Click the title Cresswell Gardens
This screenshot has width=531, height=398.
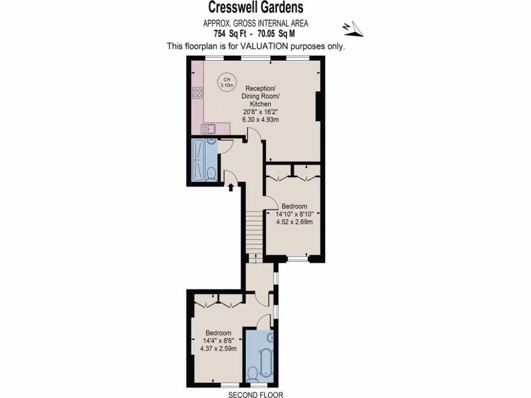256,8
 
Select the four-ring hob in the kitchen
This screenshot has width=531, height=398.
198,93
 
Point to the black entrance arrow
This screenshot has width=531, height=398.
231,186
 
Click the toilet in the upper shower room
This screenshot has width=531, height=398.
211,173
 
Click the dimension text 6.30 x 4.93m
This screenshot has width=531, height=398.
261,120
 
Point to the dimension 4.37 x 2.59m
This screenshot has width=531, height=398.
218,348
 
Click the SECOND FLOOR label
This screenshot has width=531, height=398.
256,395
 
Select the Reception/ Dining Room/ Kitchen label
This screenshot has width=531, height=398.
261,95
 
